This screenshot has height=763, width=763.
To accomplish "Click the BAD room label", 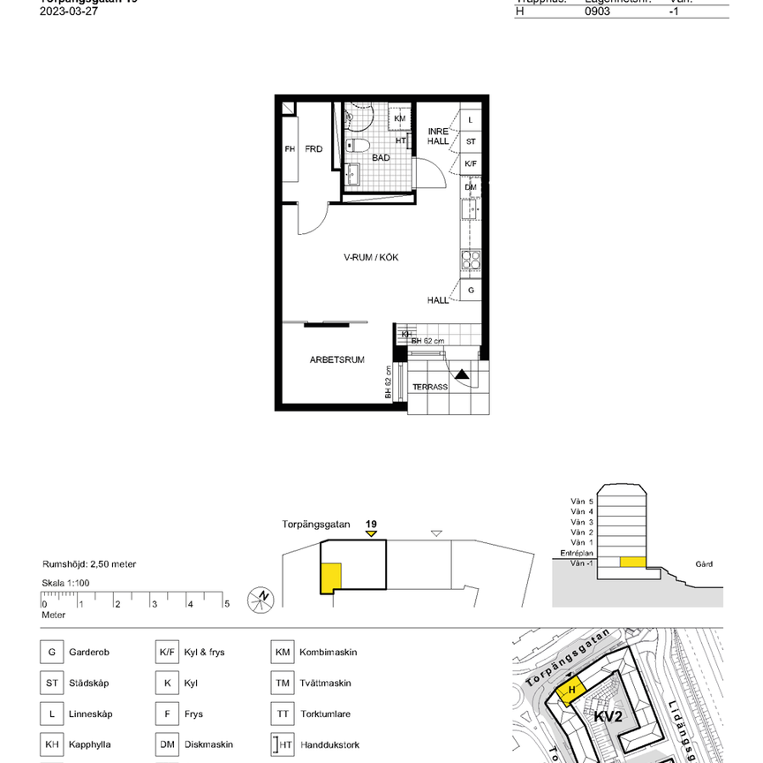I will click(x=381, y=158).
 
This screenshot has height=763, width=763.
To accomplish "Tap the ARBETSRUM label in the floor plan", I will click(x=336, y=359).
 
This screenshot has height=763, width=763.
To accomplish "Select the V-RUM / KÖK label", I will click(x=372, y=258).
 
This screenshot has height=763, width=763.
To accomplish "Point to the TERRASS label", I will click(x=430, y=387).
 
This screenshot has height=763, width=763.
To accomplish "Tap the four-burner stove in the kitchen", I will click(x=471, y=260).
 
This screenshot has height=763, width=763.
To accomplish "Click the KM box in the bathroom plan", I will click(x=400, y=118).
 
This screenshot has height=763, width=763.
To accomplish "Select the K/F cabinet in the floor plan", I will click(x=471, y=164).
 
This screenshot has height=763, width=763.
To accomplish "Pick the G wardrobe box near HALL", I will click(x=471, y=290).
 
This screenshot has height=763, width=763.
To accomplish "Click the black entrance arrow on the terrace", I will click(x=462, y=375).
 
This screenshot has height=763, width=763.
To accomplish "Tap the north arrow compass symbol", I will click(x=262, y=598).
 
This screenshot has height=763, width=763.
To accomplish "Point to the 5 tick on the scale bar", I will click(x=226, y=604).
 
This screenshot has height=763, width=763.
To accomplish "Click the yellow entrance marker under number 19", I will click(x=372, y=533).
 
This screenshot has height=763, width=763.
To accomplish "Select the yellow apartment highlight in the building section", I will click(x=631, y=562).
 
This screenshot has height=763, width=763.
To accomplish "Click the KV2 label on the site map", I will click(x=608, y=715).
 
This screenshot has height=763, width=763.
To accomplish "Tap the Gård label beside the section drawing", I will click(x=704, y=563).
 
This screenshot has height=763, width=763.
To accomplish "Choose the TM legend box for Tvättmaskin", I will click(x=283, y=683).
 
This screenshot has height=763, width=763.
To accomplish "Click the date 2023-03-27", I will click(x=68, y=11).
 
